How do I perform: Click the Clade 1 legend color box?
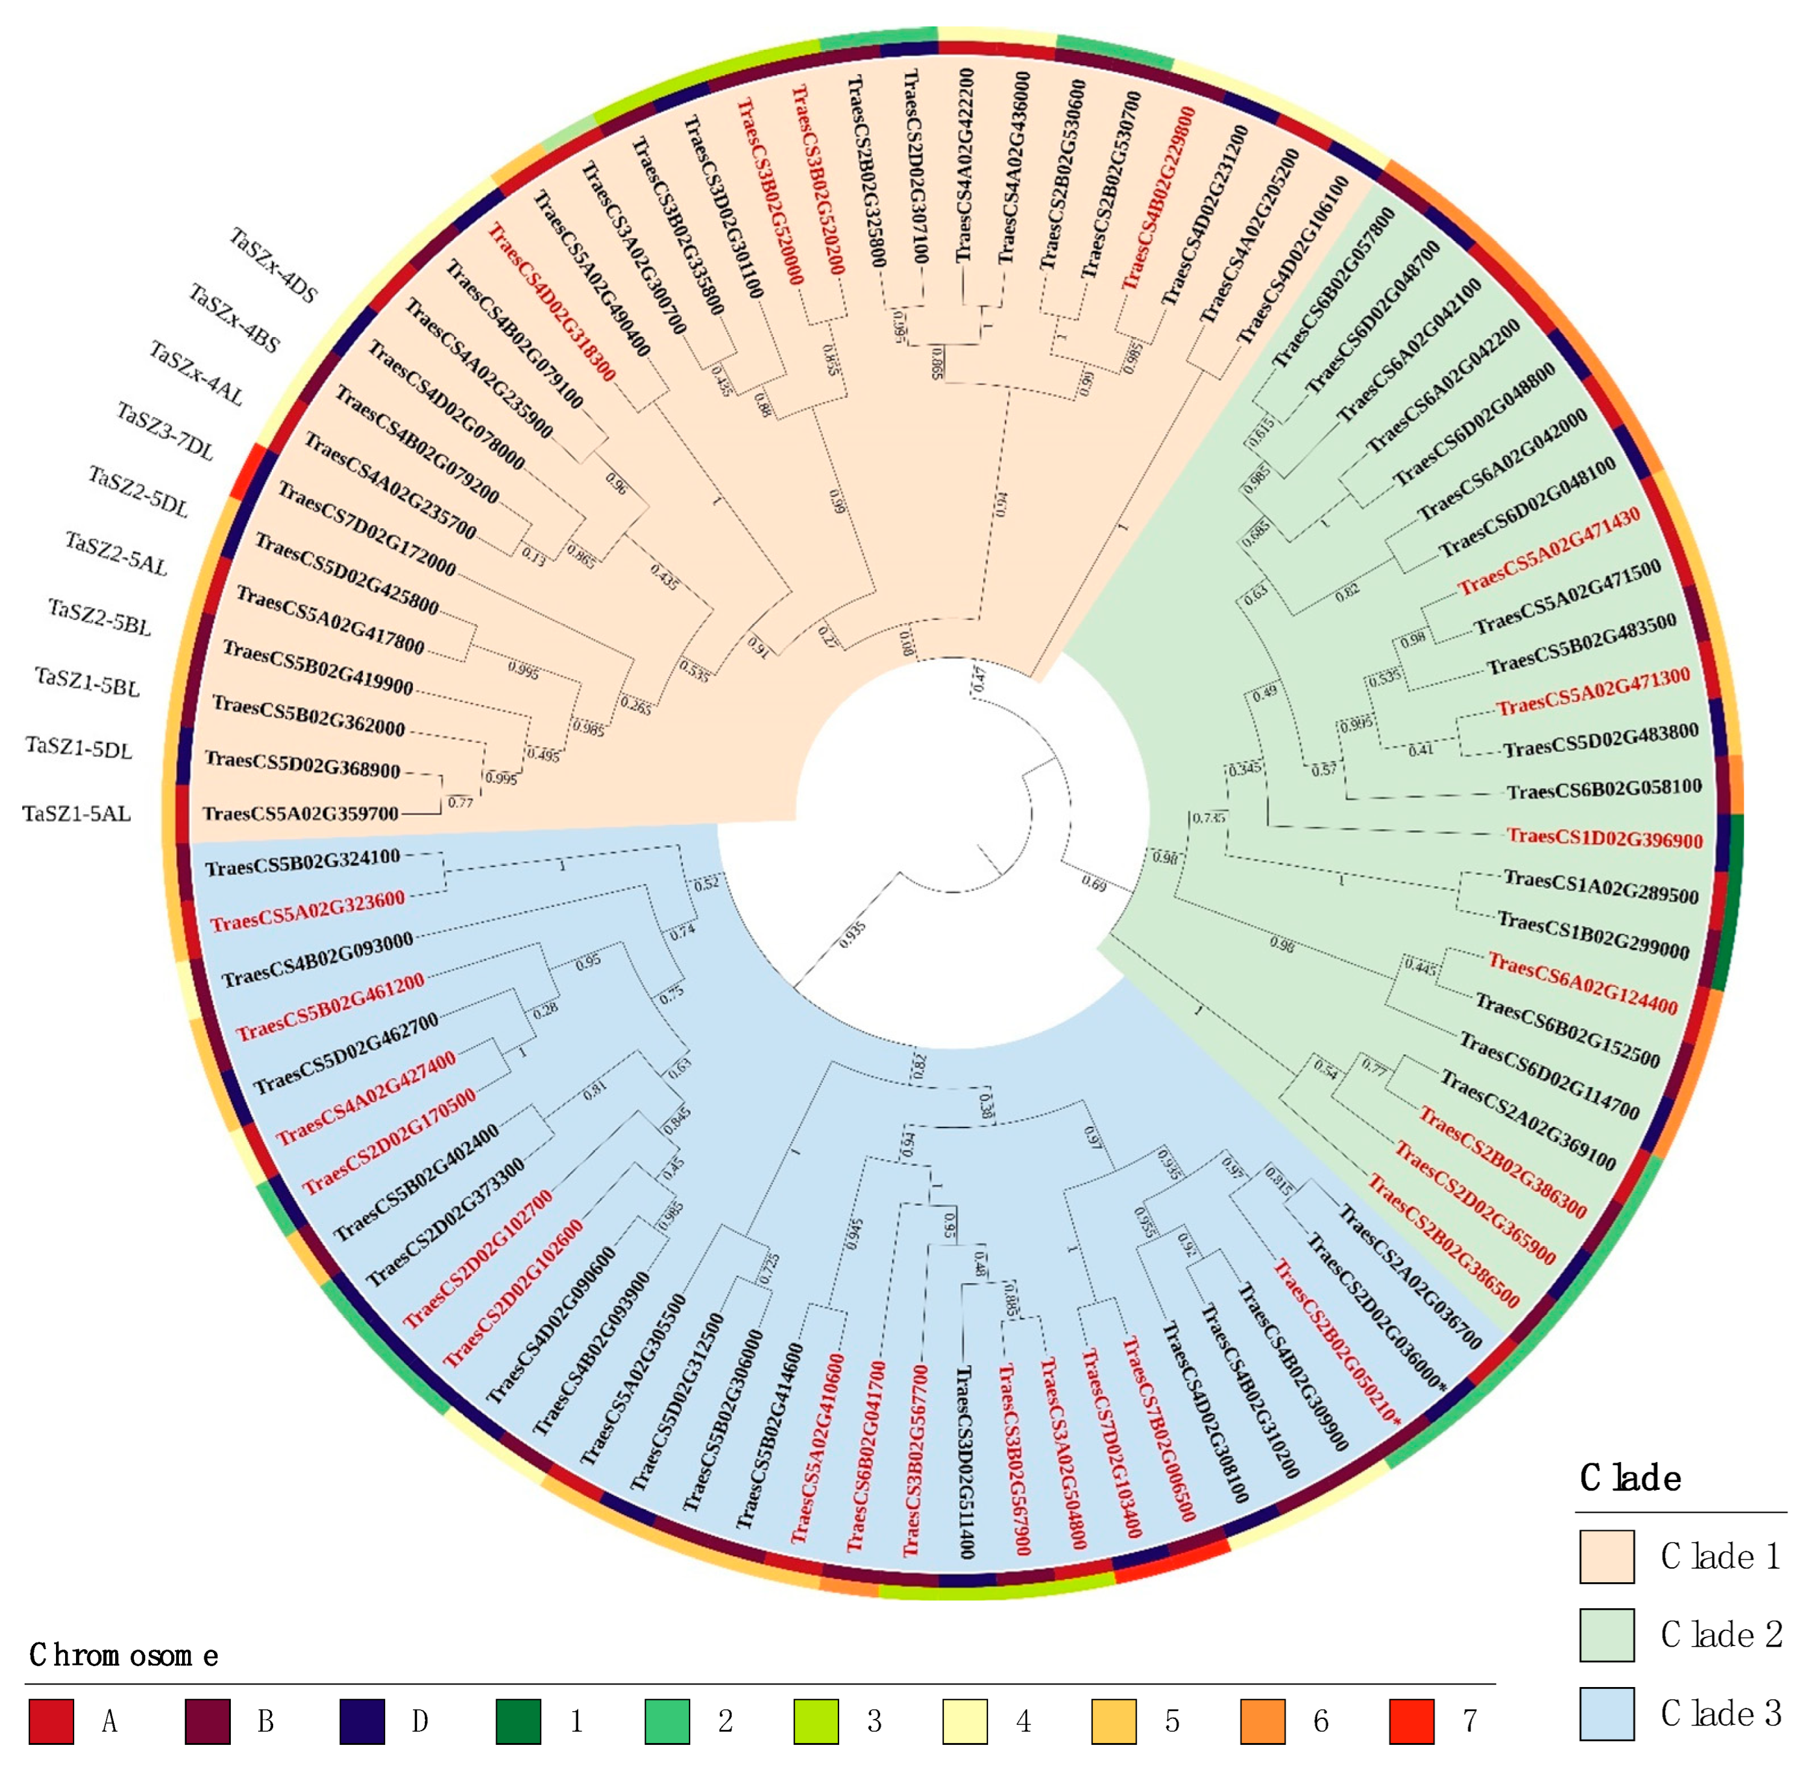click(x=1605, y=1556)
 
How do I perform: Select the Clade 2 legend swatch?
click(x=1605, y=1634)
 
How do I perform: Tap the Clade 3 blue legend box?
click(x=1605, y=1713)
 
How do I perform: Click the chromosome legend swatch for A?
click(x=51, y=1722)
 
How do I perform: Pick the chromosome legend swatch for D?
click(x=362, y=1722)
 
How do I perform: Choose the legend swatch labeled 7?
click(x=1410, y=1722)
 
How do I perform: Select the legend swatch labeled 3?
click(x=815, y=1722)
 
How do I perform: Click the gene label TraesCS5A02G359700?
click(x=300, y=814)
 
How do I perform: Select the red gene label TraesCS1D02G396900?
click(x=1605, y=838)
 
